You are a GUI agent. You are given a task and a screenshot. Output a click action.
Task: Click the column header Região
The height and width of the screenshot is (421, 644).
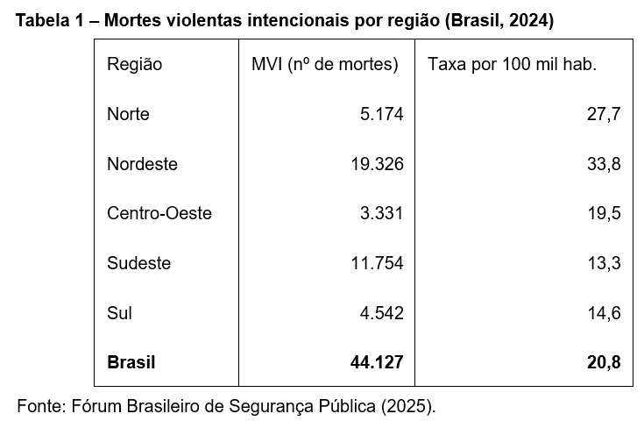click(x=134, y=64)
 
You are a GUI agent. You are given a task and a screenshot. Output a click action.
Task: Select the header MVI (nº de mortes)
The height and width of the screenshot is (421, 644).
click(x=325, y=64)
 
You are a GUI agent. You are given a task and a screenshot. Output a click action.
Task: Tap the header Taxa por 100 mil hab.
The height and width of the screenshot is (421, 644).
click(x=513, y=64)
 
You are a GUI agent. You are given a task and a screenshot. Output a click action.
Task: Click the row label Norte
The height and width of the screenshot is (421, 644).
click(x=128, y=114)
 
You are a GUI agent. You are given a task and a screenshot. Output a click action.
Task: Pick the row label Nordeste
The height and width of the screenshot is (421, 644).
click(x=142, y=164)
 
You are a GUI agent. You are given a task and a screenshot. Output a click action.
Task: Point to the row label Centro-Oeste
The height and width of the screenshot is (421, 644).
click(x=159, y=213)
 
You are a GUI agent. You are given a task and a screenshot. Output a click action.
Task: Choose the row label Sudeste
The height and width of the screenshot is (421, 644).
click(x=138, y=263)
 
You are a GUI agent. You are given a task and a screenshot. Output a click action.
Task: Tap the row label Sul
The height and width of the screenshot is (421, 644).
click(x=119, y=312)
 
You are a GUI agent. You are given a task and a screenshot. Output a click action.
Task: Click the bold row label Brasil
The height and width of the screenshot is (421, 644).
click(x=131, y=361)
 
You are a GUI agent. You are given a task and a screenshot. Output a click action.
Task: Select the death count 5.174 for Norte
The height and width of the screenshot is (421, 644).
click(x=382, y=114)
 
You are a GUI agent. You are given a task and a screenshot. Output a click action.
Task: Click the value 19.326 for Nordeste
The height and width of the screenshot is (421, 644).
click(x=378, y=164)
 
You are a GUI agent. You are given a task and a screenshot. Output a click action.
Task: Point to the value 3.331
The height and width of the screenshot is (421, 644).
click(x=382, y=213)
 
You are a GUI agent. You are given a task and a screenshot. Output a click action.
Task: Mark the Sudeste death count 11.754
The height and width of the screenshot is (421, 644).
click(x=378, y=263)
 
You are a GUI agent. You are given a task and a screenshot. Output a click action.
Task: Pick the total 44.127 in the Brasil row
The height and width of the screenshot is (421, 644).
click(x=377, y=361)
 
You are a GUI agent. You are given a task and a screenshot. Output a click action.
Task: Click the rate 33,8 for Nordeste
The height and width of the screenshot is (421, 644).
click(x=605, y=164)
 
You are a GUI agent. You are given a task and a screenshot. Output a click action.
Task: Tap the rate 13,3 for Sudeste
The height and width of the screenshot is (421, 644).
click(x=605, y=263)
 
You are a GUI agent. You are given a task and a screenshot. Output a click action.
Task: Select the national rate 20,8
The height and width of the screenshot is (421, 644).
click(x=605, y=361)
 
